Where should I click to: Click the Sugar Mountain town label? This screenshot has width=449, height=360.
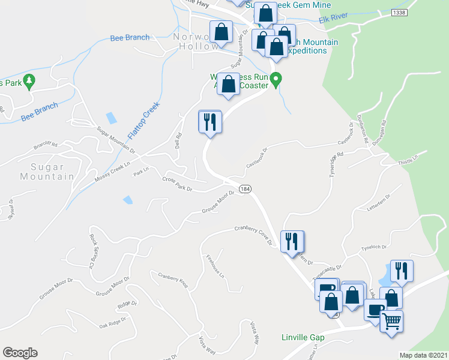[47, 170]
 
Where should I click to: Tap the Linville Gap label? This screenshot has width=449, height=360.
[303, 337]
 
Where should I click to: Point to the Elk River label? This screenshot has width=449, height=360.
[333, 20]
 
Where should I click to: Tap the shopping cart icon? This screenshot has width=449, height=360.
[391, 322]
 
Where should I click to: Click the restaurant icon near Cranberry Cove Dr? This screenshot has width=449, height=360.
[292, 242]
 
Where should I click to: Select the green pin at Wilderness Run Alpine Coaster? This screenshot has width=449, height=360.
[276, 79]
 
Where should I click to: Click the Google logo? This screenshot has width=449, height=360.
[20, 353]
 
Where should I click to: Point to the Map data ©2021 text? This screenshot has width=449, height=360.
[423, 355]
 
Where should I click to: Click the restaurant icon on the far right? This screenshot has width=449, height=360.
[400, 271]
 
